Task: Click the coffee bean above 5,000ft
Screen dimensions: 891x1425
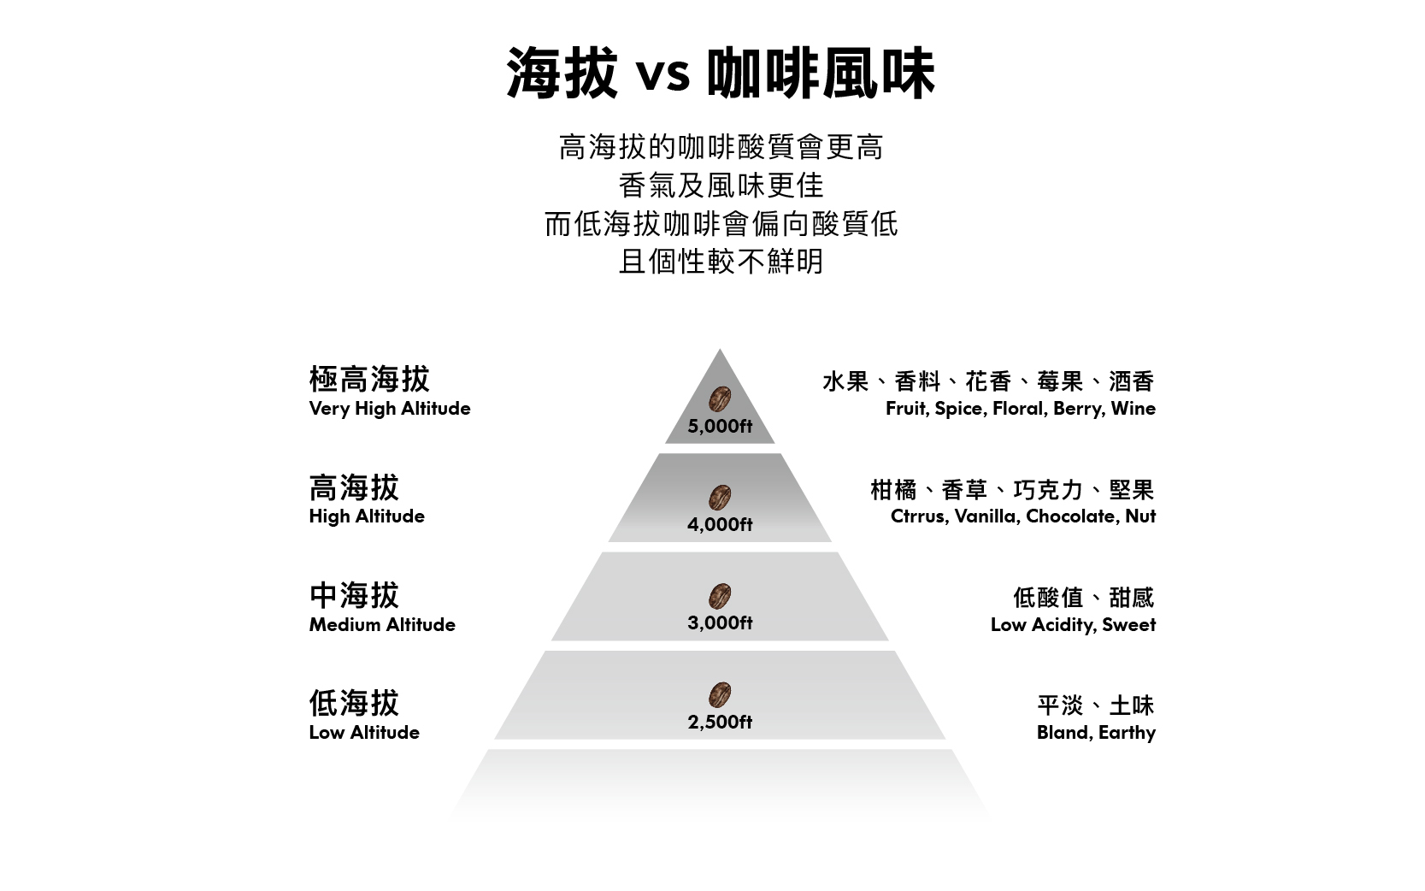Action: point(720,398)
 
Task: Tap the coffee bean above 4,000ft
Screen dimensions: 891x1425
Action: point(720,497)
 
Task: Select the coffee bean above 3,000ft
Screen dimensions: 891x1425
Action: point(720,595)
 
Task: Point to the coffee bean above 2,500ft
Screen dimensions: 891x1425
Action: point(720,694)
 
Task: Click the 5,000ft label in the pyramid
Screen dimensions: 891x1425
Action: point(720,426)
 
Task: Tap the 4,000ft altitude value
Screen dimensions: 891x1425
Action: point(720,524)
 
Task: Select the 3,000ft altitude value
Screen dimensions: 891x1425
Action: point(720,623)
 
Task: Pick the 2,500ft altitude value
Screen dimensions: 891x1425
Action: point(720,722)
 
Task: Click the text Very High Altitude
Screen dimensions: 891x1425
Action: point(390,409)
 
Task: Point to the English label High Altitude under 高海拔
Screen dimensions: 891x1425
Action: point(367,516)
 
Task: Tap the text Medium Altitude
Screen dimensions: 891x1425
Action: point(382,625)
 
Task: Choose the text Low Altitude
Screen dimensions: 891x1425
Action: point(364,733)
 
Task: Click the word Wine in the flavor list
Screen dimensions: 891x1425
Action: point(1133,409)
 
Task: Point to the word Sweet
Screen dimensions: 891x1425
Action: point(1128,625)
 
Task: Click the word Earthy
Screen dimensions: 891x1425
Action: point(1127,733)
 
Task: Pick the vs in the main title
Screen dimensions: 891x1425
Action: point(662,74)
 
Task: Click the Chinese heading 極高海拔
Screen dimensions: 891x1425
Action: point(369,379)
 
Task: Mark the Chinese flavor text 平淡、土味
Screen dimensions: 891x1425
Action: point(1095,705)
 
